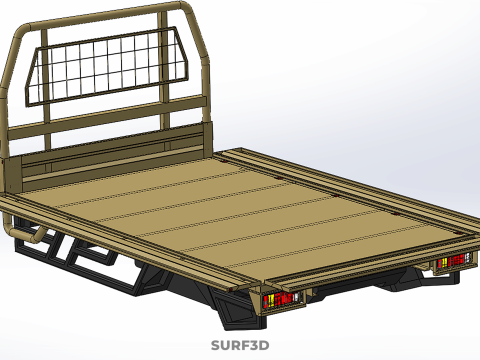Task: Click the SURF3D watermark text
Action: [240, 345]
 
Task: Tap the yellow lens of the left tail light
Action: [271, 301]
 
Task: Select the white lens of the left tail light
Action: [296, 297]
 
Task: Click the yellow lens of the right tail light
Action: [444, 263]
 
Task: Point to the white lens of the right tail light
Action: [467, 258]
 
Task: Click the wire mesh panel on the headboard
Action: [107, 67]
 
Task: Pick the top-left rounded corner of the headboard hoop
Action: [23, 31]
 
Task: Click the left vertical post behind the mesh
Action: [46, 90]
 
